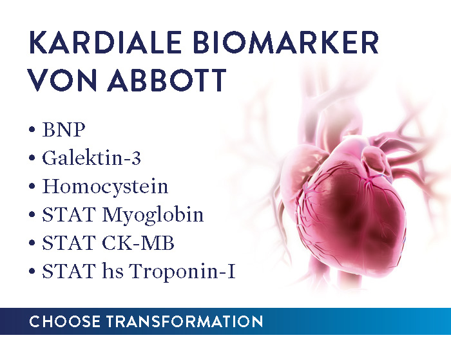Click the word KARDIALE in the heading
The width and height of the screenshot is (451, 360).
(x=105, y=43)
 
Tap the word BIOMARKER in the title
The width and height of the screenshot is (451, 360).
(x=287, y=43)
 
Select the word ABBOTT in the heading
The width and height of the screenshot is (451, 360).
(x=167, y=80)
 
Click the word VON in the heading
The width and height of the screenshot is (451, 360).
(x=62, y=80)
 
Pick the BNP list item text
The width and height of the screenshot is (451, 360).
(x=64, y=129)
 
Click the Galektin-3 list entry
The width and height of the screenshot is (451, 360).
(x=91, y=158)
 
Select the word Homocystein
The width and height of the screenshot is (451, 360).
(x=105, y=187)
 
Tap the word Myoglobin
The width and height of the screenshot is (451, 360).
(x=153, y=215)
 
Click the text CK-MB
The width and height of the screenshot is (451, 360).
(x=138, y=243)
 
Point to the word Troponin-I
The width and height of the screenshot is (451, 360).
(x=182, y=271)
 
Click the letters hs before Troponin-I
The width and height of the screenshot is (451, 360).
(x=113, y=271)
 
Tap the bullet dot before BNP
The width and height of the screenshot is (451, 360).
(x=32, y=129)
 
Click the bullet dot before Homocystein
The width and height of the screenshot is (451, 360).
(x=32, y=186)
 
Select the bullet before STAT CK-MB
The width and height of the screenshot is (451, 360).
(x=32, y=243)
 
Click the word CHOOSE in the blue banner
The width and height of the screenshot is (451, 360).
(x=65, y=321)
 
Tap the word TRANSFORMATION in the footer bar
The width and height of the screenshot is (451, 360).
(x=185, y=321)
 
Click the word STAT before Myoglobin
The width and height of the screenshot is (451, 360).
(x=69, y=214)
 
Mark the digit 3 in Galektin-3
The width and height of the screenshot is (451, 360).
(x=136, y=158)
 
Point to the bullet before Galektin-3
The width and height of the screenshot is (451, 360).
(x=32, y=158)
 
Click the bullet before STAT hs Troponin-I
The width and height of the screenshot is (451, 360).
(x=32, y=271)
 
